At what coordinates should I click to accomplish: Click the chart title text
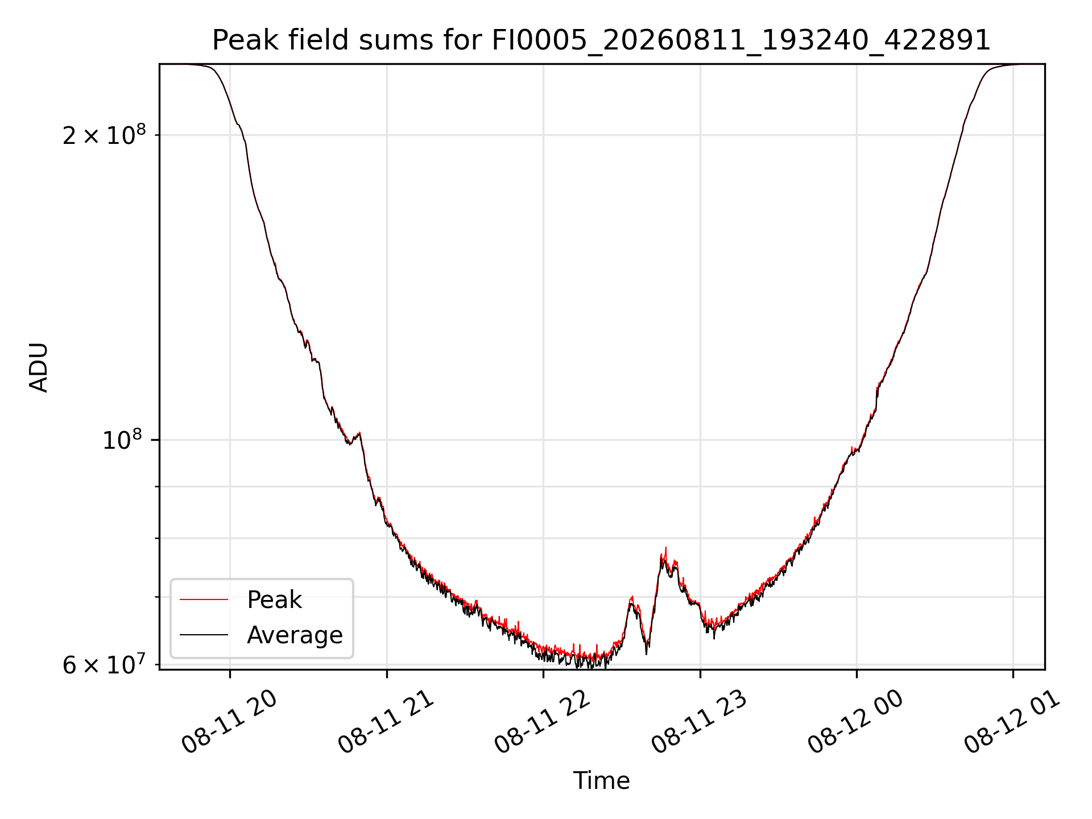(x=601, y=40)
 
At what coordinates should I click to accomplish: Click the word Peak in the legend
(x=274, y=600)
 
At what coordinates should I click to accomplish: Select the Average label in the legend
(x=295, y=635)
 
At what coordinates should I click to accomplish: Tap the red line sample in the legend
(x=204, y=599)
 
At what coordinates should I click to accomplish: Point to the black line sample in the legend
(x=204, y=635)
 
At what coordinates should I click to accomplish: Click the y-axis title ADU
(x=39, y=367)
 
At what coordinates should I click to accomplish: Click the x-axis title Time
(x=601, y=781)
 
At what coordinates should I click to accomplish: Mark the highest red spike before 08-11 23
(x=665, y=548)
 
